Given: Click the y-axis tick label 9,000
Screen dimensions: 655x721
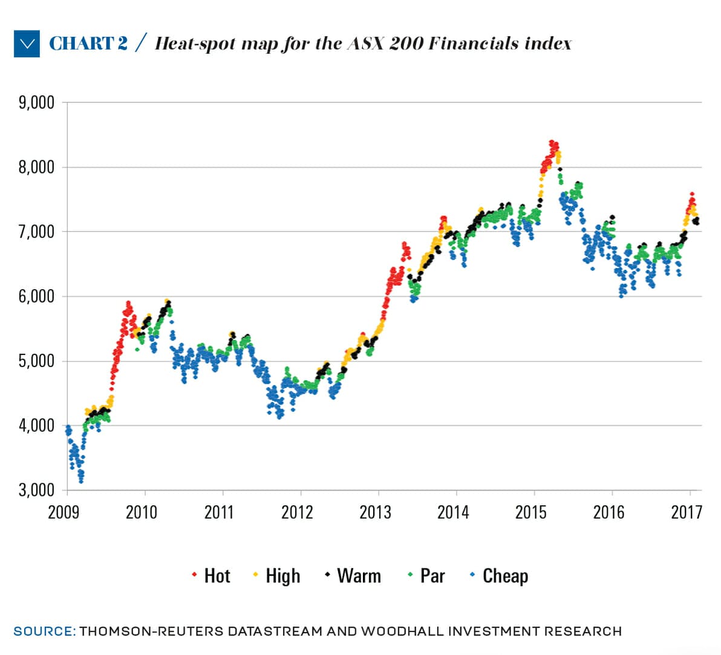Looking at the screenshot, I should (x=36, y=102).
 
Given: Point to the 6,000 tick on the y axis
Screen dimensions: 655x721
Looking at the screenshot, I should (x=36, y=296).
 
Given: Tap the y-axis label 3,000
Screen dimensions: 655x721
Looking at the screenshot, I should (x=36, y=490).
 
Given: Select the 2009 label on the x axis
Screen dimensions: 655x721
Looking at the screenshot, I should (x=64, y=512).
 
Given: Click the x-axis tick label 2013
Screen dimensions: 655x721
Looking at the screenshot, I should (x=375, y=512).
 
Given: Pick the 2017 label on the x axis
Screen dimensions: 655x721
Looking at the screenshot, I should (x=687, y=512).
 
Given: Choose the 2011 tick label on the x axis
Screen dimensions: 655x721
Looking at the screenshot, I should (x=219, y=512).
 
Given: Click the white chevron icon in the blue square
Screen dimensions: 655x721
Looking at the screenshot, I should (x=27, y=44).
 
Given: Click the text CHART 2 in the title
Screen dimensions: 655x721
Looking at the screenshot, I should (x=88, y=44).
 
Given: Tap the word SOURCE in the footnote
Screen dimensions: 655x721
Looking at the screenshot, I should (x=44, y=631).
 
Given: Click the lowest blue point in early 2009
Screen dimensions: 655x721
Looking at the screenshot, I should (x=81, y=481).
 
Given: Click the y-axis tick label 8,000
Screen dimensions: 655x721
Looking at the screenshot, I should (x=36, y=167).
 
